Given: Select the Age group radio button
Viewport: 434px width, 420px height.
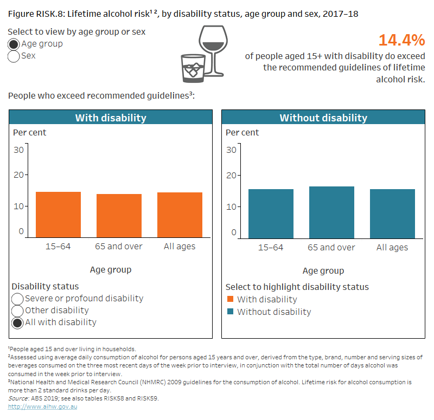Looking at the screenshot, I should [x=14, y=44].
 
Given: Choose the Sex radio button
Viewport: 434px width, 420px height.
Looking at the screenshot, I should [x=14, y=56].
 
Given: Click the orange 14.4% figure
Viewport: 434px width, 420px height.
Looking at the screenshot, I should [x=401, y=41].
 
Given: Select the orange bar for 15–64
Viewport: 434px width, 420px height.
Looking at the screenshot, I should [x=58, y=214].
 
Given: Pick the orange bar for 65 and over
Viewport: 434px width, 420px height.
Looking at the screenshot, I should [x=119, y=215].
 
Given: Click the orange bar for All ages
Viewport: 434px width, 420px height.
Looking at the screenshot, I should [x=180, y=215].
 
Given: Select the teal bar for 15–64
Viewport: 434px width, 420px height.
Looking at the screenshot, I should [x=271, y=213].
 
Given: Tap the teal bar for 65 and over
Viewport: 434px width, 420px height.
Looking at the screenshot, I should [x=331, y=212].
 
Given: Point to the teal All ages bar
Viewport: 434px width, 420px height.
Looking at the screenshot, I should [x=392, y=213].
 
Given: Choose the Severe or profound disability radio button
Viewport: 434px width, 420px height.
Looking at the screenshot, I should [x=17, y=299].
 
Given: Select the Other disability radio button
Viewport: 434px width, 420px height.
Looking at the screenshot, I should [x=17, y=311].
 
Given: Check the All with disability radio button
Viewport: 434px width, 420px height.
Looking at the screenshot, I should [x=17, y=322].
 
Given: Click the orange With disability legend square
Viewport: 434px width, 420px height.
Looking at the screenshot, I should [x=230, y=299].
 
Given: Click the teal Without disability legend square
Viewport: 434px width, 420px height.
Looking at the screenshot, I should [x=230, y=312].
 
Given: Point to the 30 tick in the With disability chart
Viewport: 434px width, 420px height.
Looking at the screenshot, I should [x=18, y=150].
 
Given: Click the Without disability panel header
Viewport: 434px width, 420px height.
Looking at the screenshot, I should [x=323, y=118].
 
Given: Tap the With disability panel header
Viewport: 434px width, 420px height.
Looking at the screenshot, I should [x=111, y=118].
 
